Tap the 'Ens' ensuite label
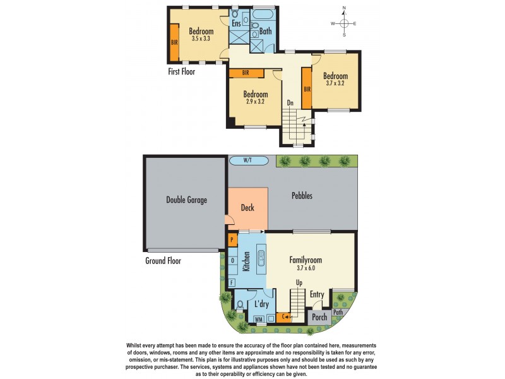237,23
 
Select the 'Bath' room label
265,29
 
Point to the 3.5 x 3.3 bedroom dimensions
201,39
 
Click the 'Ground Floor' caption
163,260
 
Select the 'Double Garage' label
186,200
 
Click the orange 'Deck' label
247,207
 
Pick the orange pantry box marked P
232,241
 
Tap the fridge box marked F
232,282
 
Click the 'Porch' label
320,317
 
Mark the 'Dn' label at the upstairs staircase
290,102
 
